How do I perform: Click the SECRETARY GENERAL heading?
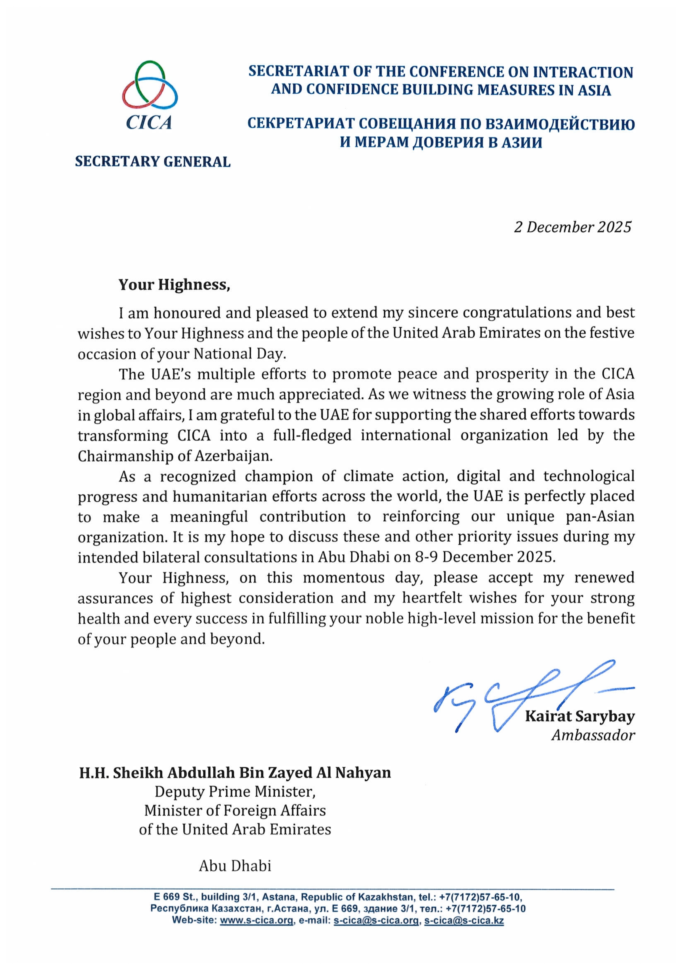(x=152, y=162)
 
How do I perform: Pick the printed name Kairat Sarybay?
(x=579, y=716)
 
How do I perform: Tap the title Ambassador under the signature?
(x=592, y=735)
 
